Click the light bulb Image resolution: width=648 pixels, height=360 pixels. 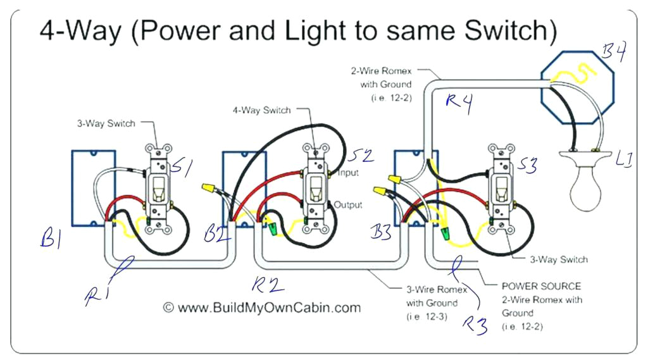tap(587, 187)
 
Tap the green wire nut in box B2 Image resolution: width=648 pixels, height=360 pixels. tap(273, 224)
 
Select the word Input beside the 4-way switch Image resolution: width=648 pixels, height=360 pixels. tap(348, 173)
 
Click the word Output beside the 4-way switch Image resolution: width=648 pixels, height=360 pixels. tap(348, 205)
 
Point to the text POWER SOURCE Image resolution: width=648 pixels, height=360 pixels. tap(541, 286)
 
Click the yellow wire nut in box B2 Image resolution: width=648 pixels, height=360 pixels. tap(208, 188)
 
